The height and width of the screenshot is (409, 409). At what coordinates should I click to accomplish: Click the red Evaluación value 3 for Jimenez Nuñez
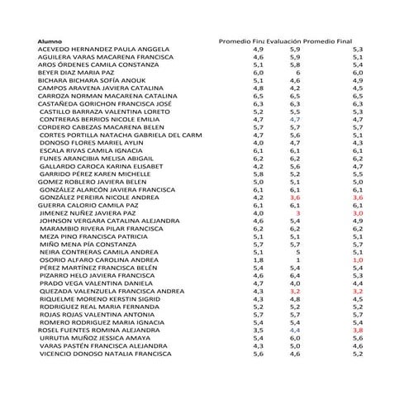point(297,213)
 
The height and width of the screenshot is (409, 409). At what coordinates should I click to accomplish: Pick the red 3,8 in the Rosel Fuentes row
point(358,330)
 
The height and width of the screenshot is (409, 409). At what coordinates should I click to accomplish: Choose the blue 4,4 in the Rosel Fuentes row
point(295,330)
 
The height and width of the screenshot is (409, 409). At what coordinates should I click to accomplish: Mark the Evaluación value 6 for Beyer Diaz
point(297,73)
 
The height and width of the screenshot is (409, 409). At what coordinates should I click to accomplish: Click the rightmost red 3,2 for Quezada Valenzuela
point(358,291)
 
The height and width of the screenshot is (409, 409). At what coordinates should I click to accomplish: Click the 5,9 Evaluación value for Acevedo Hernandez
point(295,50)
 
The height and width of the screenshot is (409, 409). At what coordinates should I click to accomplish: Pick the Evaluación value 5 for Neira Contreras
point(297,252)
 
